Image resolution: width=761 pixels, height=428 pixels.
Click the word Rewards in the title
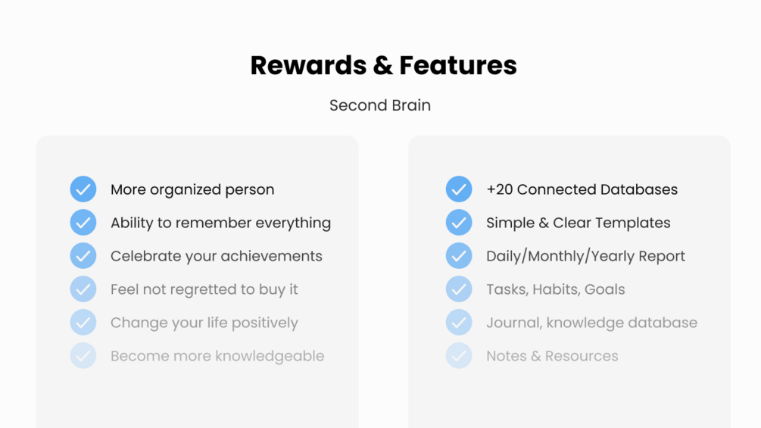pyautogui.click(x=308, y=65)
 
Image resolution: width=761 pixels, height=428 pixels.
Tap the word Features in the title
pyautogui.click(x=458, y=65)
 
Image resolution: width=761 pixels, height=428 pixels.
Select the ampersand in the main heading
pyautogui.click(x=383, y=65)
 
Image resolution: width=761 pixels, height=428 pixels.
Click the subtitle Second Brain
pyautogui.click(x=380, y=105)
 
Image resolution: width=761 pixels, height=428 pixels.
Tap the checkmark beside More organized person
pyautogui.click(x=83, y=189)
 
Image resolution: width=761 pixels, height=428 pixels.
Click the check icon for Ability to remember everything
pyautogui.click(x=83, y=222)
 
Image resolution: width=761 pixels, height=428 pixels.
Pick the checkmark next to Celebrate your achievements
pyautogui.click(x=83, y=256)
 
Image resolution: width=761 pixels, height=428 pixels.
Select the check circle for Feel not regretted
pyautogui.click(x=83, y=289)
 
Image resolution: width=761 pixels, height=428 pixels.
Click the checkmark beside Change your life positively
pyautogui.click(x=83, y=322)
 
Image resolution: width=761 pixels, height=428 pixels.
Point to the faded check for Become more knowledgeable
pyautogui.click(x=83, y=356)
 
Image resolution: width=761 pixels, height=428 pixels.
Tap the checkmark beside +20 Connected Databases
pyautogui.click(x=459, y=189)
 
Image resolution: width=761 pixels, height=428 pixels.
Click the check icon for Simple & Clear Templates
pyautogui.click(x=459, y=222)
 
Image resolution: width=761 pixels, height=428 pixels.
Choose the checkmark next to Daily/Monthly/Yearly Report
pyautogui.click(x=459, y=256)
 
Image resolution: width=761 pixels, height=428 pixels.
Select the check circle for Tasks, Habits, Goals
pyautogui.click(x=459, y=289)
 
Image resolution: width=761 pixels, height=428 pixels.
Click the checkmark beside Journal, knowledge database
pyautogui.click(x=459, y=322)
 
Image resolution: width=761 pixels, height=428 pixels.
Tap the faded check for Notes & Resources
pyautogui.click(x=459, y=356)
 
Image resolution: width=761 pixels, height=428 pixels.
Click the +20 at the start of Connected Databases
pyautogui.click(x=500, y=189)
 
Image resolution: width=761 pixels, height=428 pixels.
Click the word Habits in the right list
pyautogui.click(x=557, y=289)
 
